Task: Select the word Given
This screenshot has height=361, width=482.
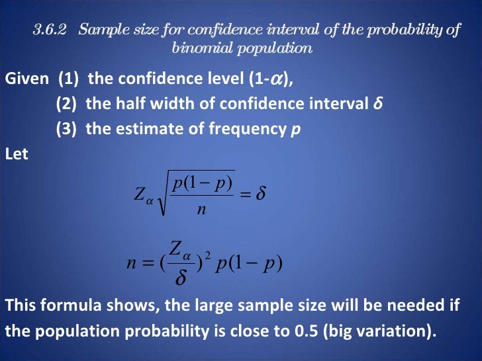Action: click(26, 79)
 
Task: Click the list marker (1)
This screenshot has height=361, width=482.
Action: click(69, 79)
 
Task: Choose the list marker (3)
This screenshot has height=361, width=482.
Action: click(67, 128)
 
